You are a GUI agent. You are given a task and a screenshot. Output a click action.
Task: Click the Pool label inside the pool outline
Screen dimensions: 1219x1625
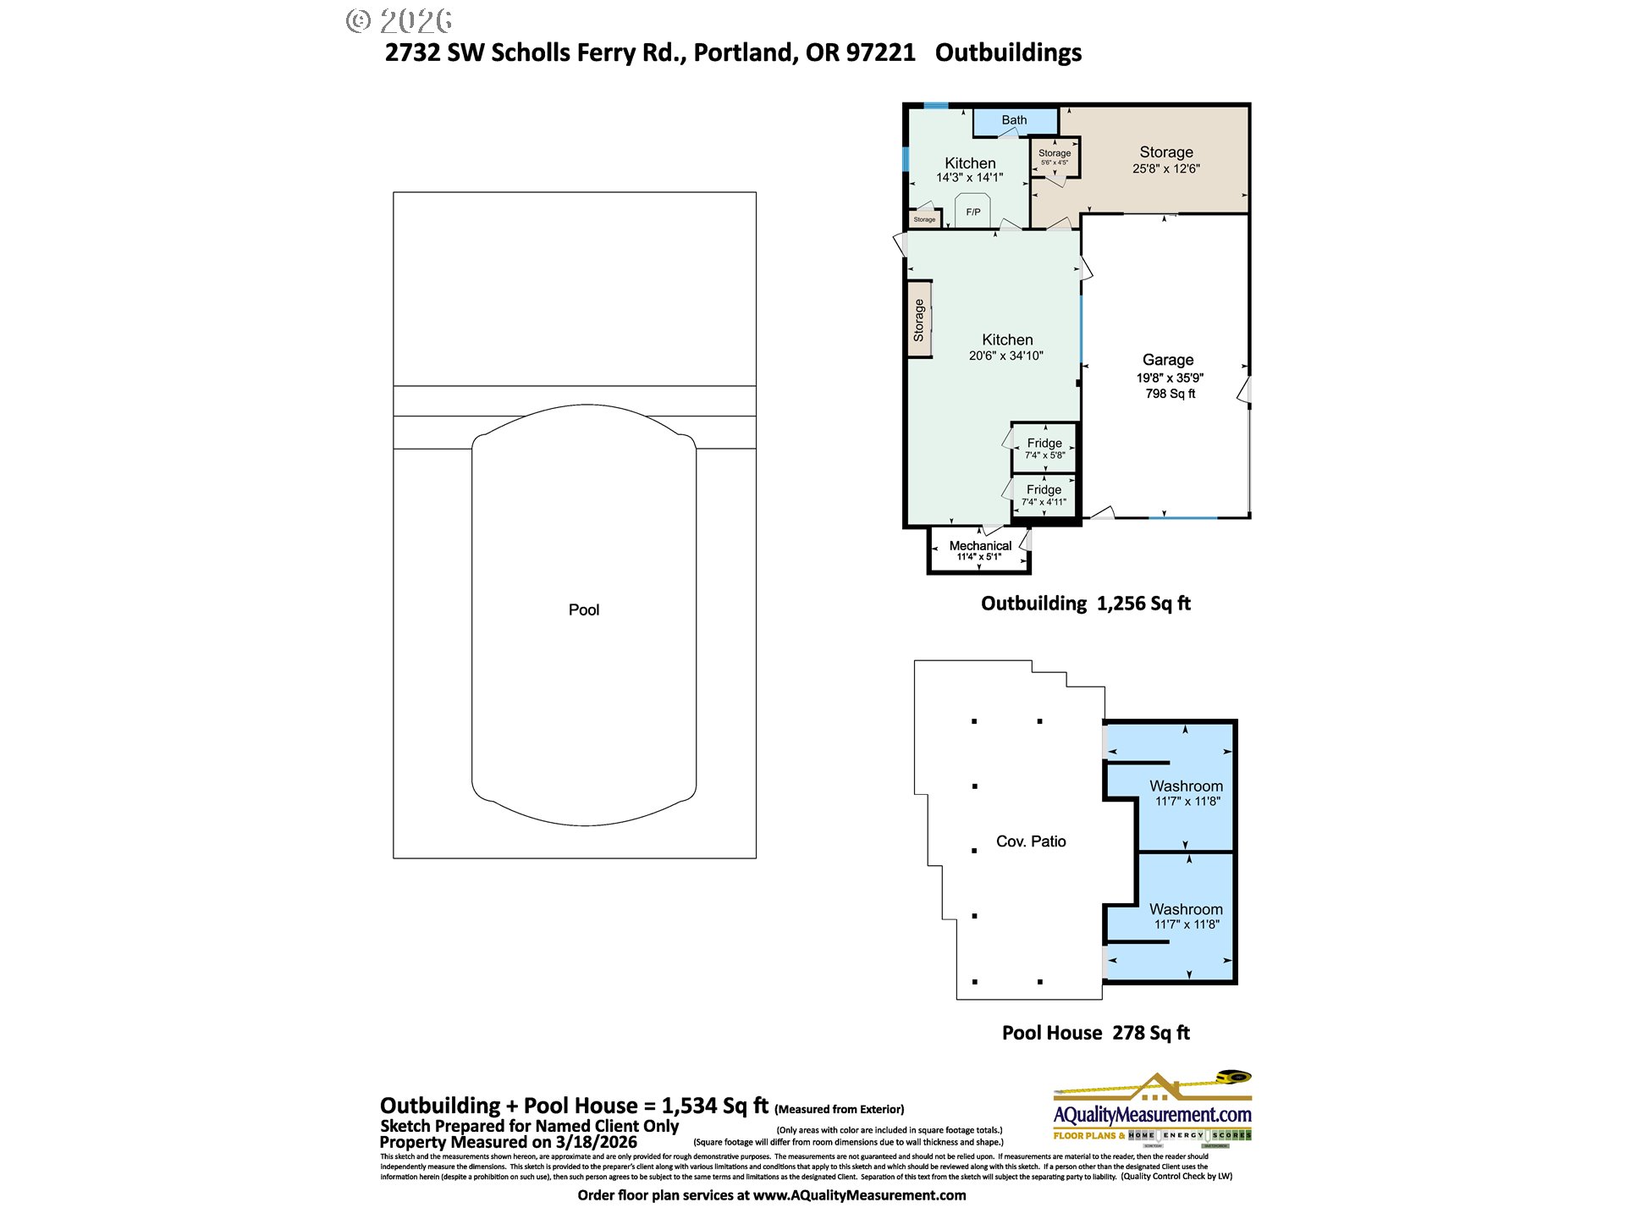tap(583, 609)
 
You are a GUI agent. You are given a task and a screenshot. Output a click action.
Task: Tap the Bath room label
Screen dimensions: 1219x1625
tap(1014, 120)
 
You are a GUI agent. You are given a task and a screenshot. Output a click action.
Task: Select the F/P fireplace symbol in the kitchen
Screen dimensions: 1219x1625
tap(973, 212)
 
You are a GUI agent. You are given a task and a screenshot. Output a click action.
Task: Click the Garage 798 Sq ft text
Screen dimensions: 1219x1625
tap(1170, 394)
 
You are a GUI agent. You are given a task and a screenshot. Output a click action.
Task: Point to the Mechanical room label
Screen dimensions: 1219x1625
tap(980, 545)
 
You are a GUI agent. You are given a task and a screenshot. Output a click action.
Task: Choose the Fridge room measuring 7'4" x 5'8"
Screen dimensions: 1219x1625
tap(1044, 448)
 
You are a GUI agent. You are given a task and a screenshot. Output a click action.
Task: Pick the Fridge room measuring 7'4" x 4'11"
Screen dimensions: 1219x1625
tap(1044, 495)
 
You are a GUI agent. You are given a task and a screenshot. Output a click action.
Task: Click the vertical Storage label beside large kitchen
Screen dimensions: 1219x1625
tap(919, 321)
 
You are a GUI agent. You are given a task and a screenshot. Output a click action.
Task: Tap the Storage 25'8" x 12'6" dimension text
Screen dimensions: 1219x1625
tap(1165, 168)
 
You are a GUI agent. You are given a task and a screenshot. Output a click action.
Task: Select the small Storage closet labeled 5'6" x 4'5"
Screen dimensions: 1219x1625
tap(1055, 157)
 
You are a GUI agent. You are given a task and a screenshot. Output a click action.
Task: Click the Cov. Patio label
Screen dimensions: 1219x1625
tap(1030, 841)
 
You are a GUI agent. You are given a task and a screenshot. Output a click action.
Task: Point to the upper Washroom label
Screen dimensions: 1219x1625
tap(1186, 786)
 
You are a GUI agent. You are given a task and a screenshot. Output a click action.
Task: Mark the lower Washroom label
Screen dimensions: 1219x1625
tap(1186, 908)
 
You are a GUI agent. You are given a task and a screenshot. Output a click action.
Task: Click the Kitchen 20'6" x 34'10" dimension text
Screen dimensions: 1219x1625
tap(1005, 356)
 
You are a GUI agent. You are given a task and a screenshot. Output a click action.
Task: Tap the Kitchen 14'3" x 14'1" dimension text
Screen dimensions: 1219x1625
tap(969, 178)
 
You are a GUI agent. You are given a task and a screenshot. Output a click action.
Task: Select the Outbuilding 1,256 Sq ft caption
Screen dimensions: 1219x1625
tap(1085, 604)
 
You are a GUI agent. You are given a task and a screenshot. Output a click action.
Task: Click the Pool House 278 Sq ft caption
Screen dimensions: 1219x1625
tap(1095, 1033)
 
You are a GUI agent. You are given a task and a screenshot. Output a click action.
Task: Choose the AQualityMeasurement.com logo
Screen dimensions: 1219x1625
tap(1152, 1110)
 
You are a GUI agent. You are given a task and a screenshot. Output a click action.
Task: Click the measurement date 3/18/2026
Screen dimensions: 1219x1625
tap(596, 1142)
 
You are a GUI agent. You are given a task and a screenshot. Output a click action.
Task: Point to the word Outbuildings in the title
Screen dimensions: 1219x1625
tap(1008, 52)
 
